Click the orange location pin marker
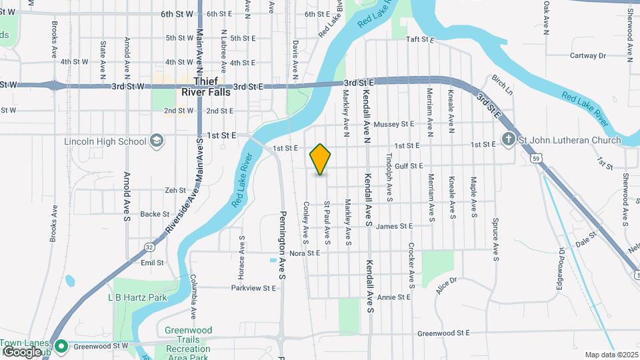point(320,159)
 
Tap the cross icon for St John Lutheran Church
point(508,140)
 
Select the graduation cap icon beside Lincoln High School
point(156,141)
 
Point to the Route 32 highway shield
point(148,247)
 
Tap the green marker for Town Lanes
point(61,345)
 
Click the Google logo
point(21,351)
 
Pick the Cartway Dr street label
point(587,56)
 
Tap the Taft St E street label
point(420,40)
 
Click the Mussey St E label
point(394,124)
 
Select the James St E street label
point(395,227)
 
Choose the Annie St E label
point(393,297)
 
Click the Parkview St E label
point(253,288)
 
